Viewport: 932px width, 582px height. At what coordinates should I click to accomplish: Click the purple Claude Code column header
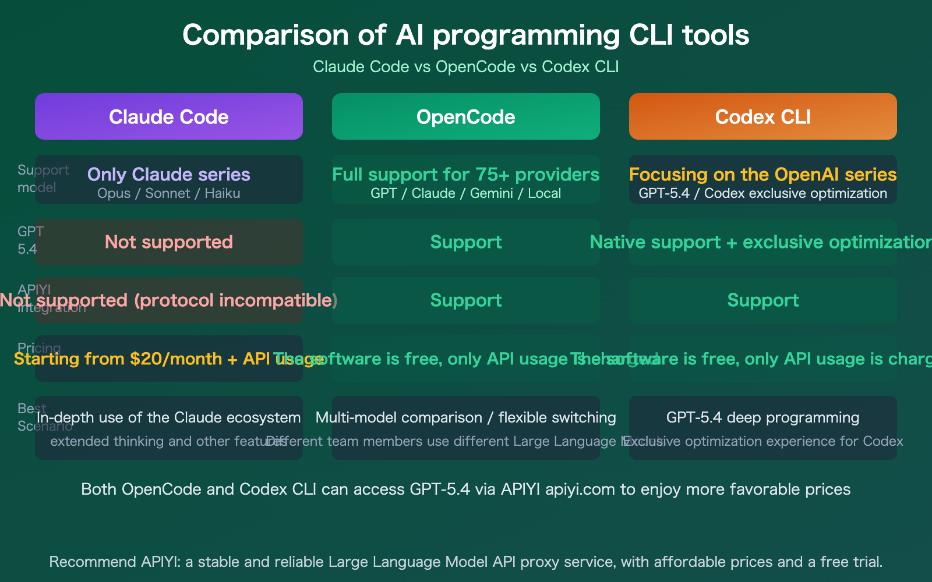[169, 116]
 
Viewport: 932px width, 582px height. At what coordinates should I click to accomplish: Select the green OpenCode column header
[466, 116]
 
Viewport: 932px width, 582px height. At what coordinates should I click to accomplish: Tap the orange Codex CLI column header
[763, 116]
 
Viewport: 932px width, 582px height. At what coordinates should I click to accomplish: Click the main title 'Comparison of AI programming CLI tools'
[466, 35]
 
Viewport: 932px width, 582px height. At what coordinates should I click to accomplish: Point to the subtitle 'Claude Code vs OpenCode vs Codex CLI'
[466, 67]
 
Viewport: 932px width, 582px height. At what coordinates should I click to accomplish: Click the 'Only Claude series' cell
[169, 175]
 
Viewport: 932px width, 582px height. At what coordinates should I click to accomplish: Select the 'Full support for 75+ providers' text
[466, 175]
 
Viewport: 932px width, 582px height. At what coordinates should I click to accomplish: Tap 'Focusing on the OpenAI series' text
[763, 175]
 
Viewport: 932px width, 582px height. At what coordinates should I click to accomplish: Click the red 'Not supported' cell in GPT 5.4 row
[169, 242]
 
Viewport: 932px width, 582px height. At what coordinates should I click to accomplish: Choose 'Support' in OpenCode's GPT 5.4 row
[466, 242]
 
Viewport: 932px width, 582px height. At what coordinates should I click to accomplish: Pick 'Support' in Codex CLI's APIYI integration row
[763, 300]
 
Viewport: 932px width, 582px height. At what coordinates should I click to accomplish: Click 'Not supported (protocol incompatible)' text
[169, 300]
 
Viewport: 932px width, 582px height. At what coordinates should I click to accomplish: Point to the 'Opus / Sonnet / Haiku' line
[169, 193]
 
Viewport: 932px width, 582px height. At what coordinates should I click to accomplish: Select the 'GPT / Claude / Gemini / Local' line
[466, 193]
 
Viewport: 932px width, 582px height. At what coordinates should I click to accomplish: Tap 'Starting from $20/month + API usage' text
[146, 359]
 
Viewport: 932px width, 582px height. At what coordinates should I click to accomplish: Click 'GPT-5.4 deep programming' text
[763, 417]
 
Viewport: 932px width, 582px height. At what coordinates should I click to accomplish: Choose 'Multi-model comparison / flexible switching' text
[466, 417]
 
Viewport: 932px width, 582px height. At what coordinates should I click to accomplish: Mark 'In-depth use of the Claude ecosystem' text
[169, 417]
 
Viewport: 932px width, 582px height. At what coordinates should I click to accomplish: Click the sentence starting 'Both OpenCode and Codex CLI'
[466, 489]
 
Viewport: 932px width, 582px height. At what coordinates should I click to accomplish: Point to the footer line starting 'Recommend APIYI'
[466, 562]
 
